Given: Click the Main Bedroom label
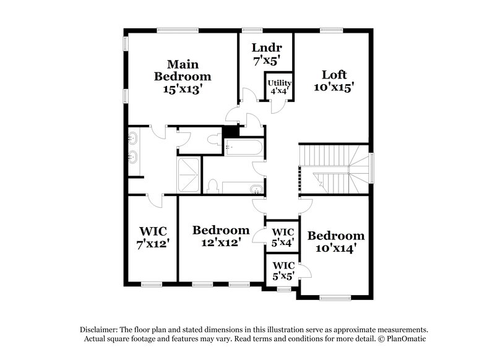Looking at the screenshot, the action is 182,77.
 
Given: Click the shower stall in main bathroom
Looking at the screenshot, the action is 189,175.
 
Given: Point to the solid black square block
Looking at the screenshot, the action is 231,132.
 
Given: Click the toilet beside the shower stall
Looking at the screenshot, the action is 212,186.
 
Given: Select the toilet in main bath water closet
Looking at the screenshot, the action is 213,140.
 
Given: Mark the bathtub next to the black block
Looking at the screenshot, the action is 244,147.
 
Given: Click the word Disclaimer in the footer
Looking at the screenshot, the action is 100,330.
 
